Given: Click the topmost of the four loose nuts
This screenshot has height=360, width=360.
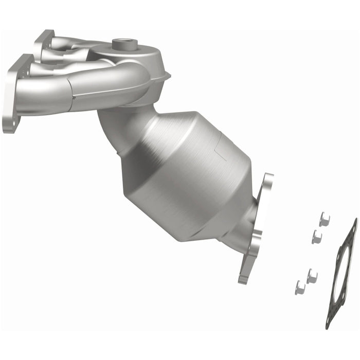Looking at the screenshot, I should [x=323, y=220].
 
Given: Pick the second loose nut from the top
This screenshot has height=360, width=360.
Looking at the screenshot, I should [x=317, y=237].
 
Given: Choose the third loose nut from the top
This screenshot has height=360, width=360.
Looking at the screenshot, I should [x=312, y=276].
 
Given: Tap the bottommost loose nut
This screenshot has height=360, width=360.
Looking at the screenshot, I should [x=300, y=287].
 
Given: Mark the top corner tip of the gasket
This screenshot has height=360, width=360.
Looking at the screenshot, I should [x=354, y=220].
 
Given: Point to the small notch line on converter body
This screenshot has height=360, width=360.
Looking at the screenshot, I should [x=220, y=151].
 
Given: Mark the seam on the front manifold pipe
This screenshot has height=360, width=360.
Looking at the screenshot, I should [x=74, y=96].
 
